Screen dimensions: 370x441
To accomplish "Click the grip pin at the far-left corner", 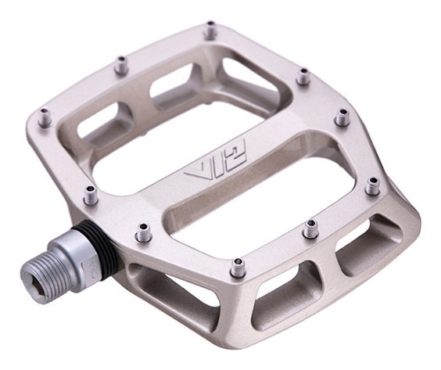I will [x=44, y=119].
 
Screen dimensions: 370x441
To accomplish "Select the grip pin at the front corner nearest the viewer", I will [x=238, y=268].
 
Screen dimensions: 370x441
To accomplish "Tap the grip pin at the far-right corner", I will [x=372, y=185].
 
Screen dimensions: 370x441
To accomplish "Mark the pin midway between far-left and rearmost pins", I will [x=120, y=66].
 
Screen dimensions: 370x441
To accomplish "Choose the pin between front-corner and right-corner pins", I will [x=310, y=228].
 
